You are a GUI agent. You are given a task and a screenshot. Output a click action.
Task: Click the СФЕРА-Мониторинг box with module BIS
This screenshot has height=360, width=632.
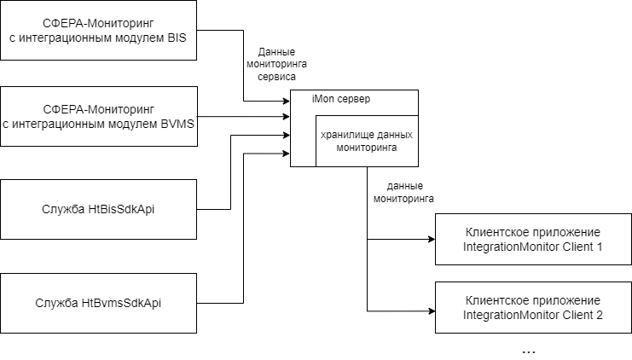click(99, 31)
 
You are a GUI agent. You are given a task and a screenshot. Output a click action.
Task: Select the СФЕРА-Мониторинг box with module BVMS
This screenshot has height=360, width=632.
click(99, 116)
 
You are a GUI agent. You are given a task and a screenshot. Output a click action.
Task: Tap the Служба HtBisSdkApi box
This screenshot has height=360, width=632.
click(99, 209)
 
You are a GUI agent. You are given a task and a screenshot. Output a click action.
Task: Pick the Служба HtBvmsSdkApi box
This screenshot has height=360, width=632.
click(99, 303)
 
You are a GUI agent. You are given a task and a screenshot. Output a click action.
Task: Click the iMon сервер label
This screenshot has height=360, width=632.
click(341, 99)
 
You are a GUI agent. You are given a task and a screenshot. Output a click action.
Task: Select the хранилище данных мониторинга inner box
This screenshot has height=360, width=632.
click(367, 141)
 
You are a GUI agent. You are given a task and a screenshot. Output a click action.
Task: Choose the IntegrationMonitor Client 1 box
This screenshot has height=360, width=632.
click(533, 240)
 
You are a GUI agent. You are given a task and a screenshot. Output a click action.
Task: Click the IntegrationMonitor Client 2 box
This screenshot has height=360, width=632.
click(533, 308)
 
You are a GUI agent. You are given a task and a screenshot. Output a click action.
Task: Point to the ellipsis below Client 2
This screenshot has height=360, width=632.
click(528, 351)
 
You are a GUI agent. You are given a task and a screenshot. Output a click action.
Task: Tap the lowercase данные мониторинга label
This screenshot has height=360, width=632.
click(404, 191)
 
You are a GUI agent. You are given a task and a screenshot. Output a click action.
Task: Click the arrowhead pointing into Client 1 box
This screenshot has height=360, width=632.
click(431, 240)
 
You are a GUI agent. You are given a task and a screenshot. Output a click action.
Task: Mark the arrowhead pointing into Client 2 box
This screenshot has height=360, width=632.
click(431, 311)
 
